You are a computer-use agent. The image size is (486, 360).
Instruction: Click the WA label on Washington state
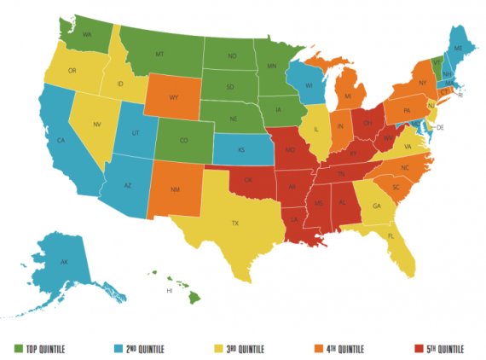[x=87, y=36]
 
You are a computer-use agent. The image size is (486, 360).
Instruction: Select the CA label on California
[x=61, y=141]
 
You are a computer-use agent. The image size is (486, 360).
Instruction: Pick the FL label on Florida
[x=391, y=235]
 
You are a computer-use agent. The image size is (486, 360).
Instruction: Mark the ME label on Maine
[x=459, y=48]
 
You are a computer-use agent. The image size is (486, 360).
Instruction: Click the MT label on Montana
[x=159, y=54]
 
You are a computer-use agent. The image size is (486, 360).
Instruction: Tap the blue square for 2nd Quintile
[x=117, y=348]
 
